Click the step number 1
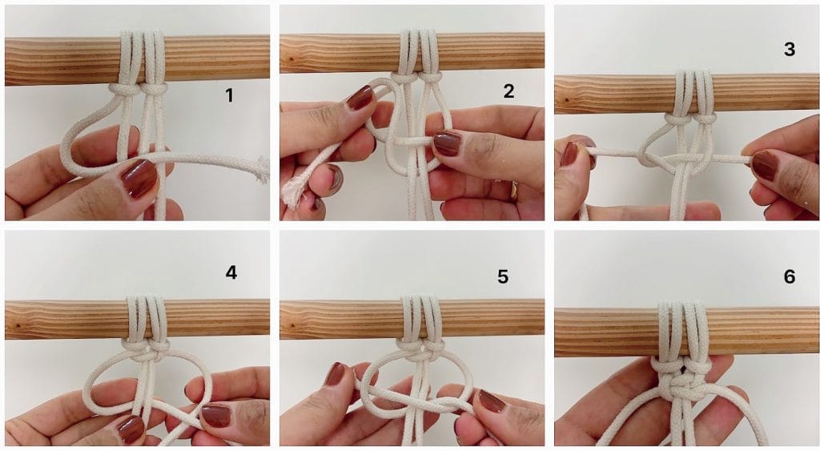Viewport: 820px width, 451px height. [x=228, y=95]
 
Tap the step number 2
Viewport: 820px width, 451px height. [x=508, y=91]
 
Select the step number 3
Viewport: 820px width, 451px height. [x=789, y=49]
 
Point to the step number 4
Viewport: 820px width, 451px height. [x=231, y=272]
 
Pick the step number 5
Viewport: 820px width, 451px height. [x=503, y=277]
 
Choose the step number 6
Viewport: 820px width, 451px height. [x=789, y=276]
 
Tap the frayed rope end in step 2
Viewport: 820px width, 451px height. [x=295, y=191]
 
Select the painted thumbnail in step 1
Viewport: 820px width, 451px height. [x=139, y=179]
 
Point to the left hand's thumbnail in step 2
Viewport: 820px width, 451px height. [x=360, y=97]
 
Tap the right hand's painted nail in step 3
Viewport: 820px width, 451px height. [x=765, y=165]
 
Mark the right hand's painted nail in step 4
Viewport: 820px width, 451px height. [x=216, y=416]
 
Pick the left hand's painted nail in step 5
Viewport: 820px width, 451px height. [x=336, y=373]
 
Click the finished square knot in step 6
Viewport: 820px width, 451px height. [x=679, y=385]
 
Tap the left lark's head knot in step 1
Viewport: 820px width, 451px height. [x=125, y=90]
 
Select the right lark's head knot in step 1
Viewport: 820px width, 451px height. [x=154, y=89]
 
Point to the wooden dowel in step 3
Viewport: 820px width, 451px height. [x=686, y=95]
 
